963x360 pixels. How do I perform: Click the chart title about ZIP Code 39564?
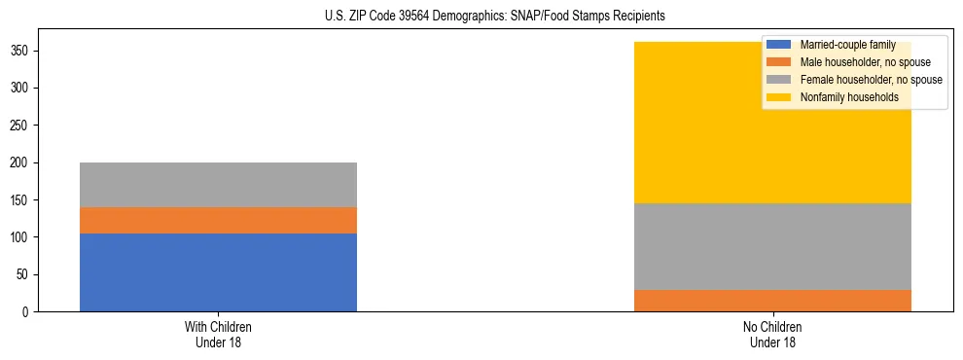(481, 17)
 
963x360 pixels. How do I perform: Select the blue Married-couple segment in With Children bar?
(218, 272)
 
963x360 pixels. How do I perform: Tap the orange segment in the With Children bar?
(218, 220)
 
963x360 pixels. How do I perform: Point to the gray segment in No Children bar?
(772, 245)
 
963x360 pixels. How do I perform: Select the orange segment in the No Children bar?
(772, 300)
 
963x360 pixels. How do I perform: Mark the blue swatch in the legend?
(779, 45)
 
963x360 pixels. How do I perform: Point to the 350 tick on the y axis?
(25, 51)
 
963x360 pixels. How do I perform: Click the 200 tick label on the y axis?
(25, 162)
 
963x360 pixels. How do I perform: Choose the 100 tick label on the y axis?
(25, 237)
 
